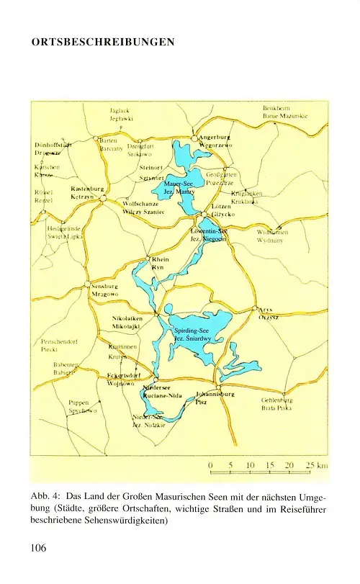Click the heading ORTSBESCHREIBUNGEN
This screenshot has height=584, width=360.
tap(103, 42)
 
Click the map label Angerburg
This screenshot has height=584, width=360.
tap(215, 137)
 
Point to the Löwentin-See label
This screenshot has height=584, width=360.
tap(208, 230)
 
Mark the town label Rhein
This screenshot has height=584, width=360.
tap(159, 259)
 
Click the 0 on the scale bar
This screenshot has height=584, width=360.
tap(210, 465)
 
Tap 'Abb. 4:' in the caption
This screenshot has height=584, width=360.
tap(45, 497)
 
